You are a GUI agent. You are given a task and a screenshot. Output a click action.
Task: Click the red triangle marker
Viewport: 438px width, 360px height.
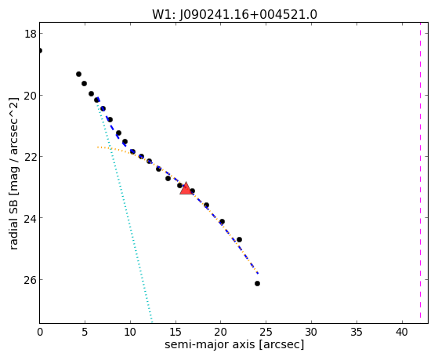[186, 188]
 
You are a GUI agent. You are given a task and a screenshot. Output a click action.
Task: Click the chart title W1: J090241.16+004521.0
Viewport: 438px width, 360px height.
[234, 14]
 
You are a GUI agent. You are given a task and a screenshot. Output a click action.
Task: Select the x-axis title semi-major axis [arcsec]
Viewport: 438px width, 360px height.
[234, 344]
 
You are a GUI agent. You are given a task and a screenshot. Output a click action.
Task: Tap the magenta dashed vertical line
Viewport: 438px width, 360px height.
[420, 173]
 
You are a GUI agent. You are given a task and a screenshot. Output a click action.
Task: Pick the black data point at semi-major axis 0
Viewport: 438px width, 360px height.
[40, 51]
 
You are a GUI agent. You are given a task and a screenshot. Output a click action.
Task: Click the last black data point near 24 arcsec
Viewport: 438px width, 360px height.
[257, 284]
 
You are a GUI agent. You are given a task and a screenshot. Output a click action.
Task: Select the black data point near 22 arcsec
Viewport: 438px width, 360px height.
[239, 240]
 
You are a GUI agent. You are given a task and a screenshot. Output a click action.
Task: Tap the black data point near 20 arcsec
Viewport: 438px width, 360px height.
[222, 221]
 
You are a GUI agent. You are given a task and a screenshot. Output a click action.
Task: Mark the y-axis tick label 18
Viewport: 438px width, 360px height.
[30, 34]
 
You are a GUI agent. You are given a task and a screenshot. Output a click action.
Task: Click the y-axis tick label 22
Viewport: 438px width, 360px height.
[30, 157]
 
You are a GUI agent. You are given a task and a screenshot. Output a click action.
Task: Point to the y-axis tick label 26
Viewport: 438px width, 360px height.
[30, 280]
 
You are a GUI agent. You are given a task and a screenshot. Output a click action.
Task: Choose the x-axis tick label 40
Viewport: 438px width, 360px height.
[402, 333]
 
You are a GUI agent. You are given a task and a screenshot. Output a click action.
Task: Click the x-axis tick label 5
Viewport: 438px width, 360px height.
[85, 333]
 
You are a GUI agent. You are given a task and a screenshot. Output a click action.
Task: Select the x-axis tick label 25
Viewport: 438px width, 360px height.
[266, 333]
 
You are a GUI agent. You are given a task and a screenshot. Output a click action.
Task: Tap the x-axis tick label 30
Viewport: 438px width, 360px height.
[311, 333]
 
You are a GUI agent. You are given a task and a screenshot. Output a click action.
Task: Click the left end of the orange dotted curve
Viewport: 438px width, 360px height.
[97, 147]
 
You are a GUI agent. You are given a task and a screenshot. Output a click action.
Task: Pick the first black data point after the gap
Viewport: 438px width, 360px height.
[79, 75]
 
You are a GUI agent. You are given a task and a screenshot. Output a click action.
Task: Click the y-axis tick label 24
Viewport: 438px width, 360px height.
[30, 218]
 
